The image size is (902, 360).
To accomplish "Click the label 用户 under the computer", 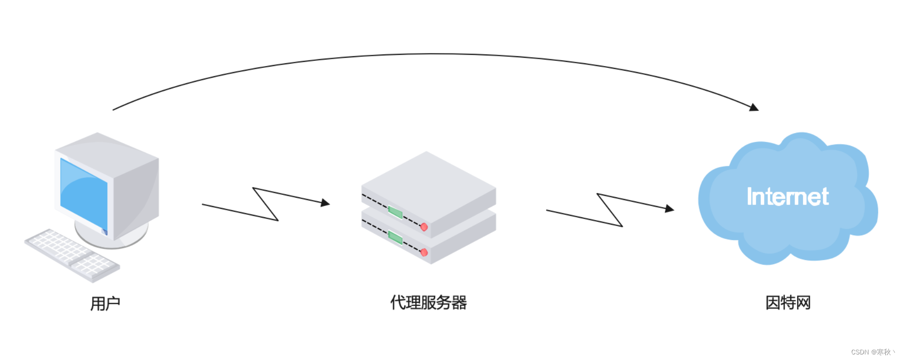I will [105, 304].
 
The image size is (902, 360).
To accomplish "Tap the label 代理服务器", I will [428, 303].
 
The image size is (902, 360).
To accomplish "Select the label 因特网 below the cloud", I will [788, 303].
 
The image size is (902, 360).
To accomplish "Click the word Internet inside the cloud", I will [788, 197].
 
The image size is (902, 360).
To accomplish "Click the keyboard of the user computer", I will [72, 254].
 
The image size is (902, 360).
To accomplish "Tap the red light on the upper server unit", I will [424, 227].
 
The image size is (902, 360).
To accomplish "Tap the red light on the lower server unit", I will [424, 253].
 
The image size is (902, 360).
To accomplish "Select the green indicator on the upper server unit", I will [395, 213].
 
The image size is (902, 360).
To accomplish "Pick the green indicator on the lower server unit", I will [395, 238].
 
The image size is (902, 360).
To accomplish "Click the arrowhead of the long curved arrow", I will [754, 107].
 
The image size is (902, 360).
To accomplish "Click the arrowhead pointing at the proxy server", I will [325, 203].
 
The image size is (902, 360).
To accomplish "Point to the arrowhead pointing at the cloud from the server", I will [670, 209].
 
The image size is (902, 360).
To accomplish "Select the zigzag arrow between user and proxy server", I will [265, 204].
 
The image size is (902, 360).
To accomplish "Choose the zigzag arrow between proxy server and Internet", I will [610, 210].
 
